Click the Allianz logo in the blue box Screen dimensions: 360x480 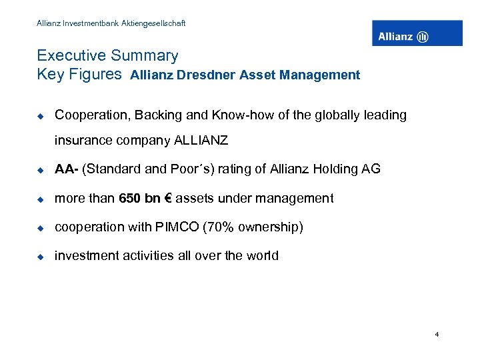point(417,33)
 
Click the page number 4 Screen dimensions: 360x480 point(437,334)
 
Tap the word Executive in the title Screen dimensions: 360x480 point(70,56)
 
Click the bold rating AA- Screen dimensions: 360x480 point(66,169)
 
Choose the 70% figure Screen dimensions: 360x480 point(224,227)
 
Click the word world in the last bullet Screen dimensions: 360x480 point(263,256)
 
